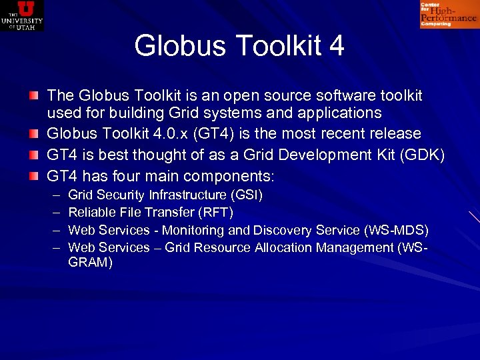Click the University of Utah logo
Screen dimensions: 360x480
(x=22, y=15)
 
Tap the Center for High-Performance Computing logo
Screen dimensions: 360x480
(x=449, y=15)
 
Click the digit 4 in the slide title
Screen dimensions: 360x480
(x=336, y=46)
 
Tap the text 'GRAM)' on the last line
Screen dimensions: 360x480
(x=91, y=263)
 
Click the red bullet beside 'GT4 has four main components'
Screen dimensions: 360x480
(x=33, y=177)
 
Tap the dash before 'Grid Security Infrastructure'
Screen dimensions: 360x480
(x=54, y=195)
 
